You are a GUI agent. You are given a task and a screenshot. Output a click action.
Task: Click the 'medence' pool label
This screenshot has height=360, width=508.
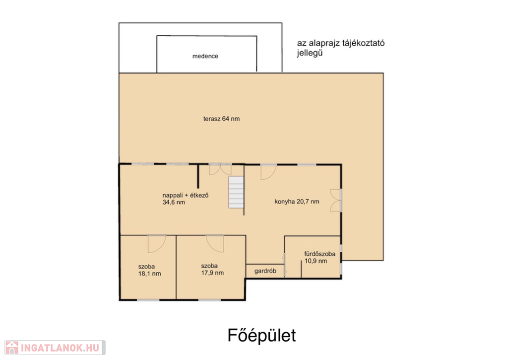pyautogui.click(x=205, y=56)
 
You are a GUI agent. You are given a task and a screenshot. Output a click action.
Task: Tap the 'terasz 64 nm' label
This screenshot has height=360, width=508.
pyautogui.click(x=222, y=119)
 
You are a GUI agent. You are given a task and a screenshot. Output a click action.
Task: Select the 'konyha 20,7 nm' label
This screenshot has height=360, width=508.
pyautogui.click(x=297, y=202)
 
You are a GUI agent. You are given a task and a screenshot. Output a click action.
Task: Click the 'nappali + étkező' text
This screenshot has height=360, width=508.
pyautogui.click(x=186, y=195)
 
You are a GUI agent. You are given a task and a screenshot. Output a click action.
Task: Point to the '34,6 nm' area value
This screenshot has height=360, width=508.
pyautogui.click(x=174, y=203)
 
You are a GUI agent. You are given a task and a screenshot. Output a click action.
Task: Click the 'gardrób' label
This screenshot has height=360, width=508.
pyautogui.click(x=265, y=271)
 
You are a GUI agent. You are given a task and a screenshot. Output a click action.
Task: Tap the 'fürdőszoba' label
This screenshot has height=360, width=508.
pyautogui.click(x=319, y=254)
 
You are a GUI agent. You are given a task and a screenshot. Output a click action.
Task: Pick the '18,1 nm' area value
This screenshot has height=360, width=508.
pyautogui.click(x=149, y=274)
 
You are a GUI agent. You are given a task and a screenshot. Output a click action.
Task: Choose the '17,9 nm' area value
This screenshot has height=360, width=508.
pyautogui.click(x=212, y=273)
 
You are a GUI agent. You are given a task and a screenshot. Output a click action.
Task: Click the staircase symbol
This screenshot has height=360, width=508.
pyautogui.click(x=236, y=192)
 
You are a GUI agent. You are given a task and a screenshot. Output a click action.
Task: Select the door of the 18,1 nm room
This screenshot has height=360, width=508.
pyautogui.click(x=157, y=244)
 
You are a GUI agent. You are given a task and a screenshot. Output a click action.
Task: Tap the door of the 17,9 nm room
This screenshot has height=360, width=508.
pyautogui.click(x=215, y=244)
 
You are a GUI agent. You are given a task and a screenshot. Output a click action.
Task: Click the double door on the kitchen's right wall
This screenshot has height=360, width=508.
pyautogui.click(x=336, y=201)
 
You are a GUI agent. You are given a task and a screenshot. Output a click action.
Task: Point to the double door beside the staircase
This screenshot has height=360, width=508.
pyautogui.click(x=220, y=170)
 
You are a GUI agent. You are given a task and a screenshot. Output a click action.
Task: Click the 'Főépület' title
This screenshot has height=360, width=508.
pyautogui.click(x=262, y=335)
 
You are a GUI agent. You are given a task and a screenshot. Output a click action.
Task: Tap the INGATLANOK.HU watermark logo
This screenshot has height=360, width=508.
pyautogui.click(x=55, y=348)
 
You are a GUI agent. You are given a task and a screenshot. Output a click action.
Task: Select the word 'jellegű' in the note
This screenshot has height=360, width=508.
pyautogui.click(x=310, y=53)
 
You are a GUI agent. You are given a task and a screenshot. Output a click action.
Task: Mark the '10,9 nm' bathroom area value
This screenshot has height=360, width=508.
pyautogui.click(x=316, y=261)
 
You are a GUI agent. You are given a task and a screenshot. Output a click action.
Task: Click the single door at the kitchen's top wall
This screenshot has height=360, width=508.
pyautogui.click(x=268, y=172)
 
